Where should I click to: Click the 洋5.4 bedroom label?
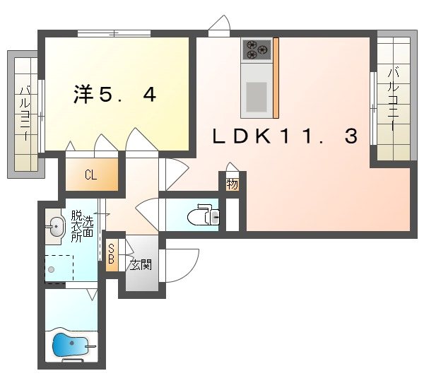[114, 94]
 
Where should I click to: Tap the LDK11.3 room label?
[285, 136]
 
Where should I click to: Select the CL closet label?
[90, 175]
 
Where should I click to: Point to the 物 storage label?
[232, 184]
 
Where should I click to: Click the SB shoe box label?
[111, 254]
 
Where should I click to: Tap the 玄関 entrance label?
[141, 265]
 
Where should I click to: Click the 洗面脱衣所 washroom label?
[82, 226]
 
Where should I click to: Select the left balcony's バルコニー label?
[25, 113]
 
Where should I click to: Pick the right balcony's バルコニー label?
[394, 99]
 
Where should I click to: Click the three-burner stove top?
[257, 49]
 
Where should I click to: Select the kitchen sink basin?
[257, 97]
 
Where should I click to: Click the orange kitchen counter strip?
[276, 78]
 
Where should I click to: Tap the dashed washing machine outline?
[59, 269]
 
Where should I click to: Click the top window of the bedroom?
[114, 33]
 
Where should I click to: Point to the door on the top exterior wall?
[219, 25]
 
